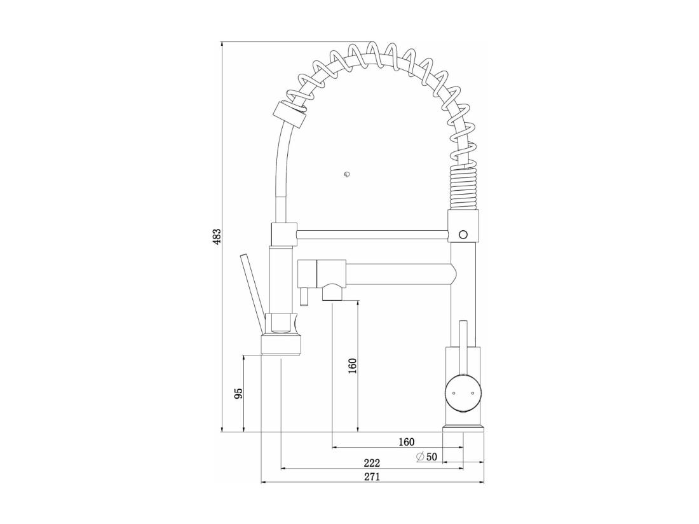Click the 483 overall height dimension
(216, 237)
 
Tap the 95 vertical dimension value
(238, 394)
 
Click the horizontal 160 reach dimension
(406, 442)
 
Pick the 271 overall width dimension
(372, 477)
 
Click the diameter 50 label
(426, 457)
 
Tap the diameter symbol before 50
(420, 457)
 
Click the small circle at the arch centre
(347, 174)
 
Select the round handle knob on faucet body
(464, 393)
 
